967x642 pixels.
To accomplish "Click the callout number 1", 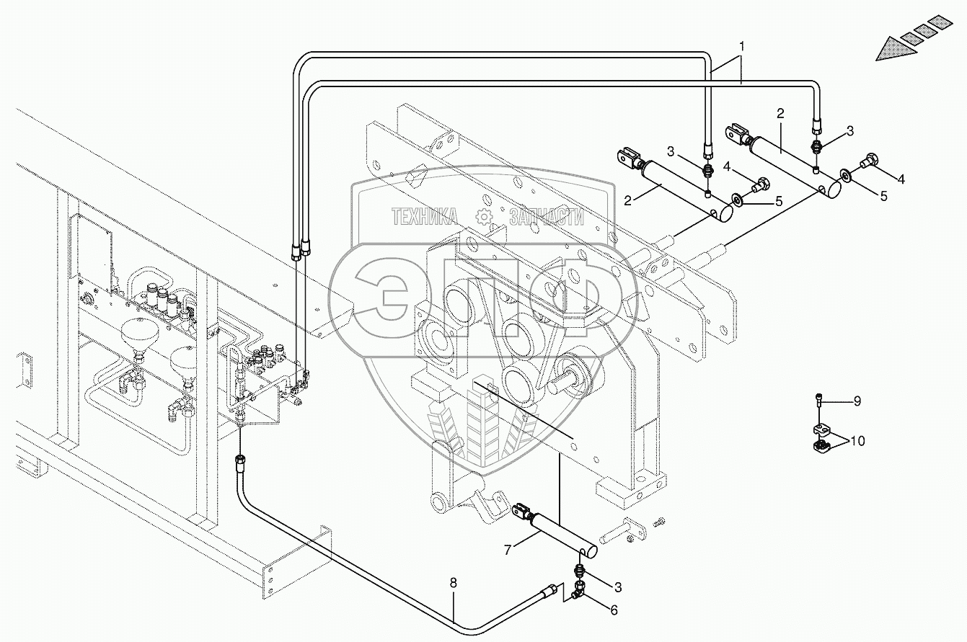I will click(x=742, y=45).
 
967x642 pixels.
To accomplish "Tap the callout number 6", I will click(x=614, y=610).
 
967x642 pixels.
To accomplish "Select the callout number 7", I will click(x=508, y=550).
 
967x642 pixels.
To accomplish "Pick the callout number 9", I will click(x=857, y=401).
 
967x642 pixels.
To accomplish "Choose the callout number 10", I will click(x=857, y=440).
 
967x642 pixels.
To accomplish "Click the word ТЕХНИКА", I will click(x=425, y=215).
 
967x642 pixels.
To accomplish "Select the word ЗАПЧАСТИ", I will click(x=546, y=215).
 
